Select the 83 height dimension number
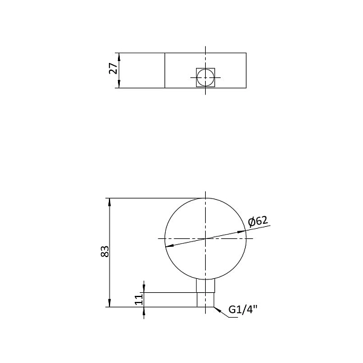pyautogui.click(x=104, y=252)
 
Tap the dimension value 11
pyautogui.click(x=139, y=299)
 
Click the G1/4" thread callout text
pyautogui.click(x=243, y=310)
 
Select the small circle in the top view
pyautogui.click(x=206, y=77)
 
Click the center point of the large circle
pyautogui.click(x=206, y=238)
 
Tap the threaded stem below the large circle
pyautogui.click(x=206, y=293)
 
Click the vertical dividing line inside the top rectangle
pyautogui.click(x=165, y=70)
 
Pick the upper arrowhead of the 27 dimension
pyautogui.click(x=120, y=56)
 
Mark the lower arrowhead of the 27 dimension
pyautogui.click(x=120, y=85)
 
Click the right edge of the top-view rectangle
pyautogui.click(x=246, y=70)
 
